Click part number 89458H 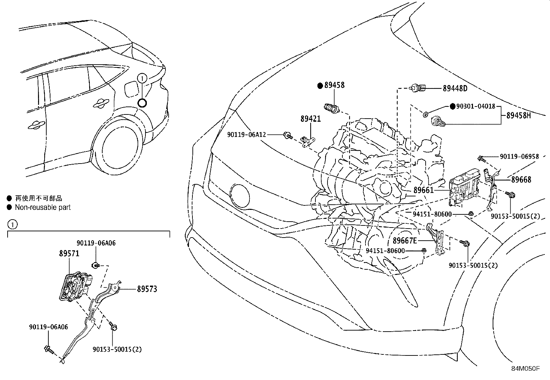[x=518, y=115]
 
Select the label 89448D [x=455, y=89]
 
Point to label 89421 [x=310, y=119]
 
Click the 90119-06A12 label [x=246, y=135]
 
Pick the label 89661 [x=423, y=190]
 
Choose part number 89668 [x=521, y=179]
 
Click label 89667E [x=405, y=240]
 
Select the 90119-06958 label [x=519, y=157]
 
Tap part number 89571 [x=69, y=253]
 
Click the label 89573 [x=147, y=289]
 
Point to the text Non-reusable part [x=43, y=207]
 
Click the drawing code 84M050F [x=525, y=369]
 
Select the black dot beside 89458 [x=320, y=85]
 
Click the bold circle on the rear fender [x=142, y=103]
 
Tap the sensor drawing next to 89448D [x=418, y=88]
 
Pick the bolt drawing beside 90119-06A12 [x=287, y=135]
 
